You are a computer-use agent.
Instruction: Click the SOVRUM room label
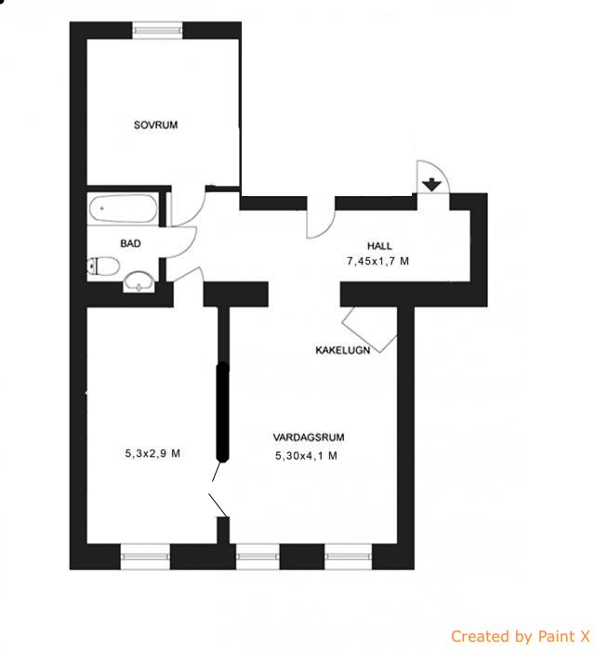pyautogui.click(x=155, y=124)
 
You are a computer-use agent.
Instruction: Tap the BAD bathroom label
pyautogui.click(x=130, y=243)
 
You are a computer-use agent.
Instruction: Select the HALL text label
pyautogui.click(x=379, y=246)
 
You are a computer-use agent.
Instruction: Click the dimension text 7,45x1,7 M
pyautogui.click(x=378, y=261)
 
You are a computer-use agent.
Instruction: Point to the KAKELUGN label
pyautogui.click(x=343, y=350)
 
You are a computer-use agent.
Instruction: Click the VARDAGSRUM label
pyautogui.click(x=309, y=437)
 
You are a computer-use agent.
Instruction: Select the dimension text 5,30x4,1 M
pyautogui.click(x=306, y=456)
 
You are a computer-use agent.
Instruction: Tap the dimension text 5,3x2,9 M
pyautogui.click(x=152, y=453)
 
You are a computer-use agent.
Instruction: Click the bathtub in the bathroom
pyautogui.click(x=124, y=208)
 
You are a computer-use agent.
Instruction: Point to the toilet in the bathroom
pyautogui.click(x=104, y=266)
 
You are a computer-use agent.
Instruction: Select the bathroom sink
pyautogui.click(x=139, y=281)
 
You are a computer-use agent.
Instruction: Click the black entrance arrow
pyautogui.click(x=432, y=185)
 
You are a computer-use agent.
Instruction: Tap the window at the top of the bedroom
pyautogui.click(x=157, y=31)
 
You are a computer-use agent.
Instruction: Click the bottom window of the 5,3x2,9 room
pyautogui.click(x=145, y=556)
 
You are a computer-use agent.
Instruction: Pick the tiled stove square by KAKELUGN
pyautogui.click(x=369, y=330)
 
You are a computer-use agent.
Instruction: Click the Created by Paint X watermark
pyautogui.click(x=521, y=635)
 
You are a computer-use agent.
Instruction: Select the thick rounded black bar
pyautogui.click(x=223, y=412)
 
